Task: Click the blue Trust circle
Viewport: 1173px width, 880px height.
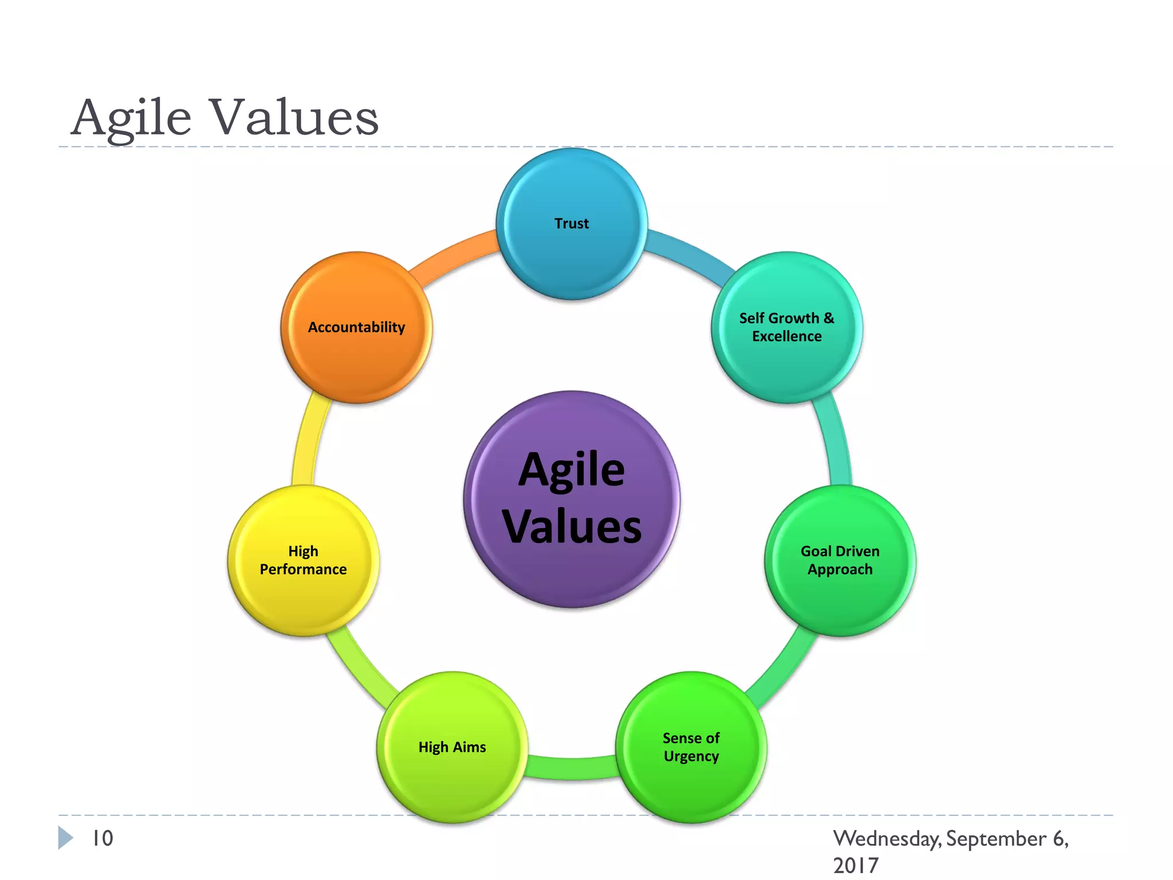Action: [x=572, y=224]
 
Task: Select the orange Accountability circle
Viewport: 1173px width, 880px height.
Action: [x=356, y=328]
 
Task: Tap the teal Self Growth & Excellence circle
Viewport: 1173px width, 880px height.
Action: [x=786, y=328]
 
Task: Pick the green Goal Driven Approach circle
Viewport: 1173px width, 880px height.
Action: [x=840, y=560]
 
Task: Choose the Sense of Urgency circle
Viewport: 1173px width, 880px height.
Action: [x=691, y=747]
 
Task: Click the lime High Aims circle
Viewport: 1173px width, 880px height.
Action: [x=452, y=747]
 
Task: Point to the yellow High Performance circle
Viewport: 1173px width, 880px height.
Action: [x=303, y=560]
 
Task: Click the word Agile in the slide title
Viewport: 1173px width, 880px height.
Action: [x=131, y=117]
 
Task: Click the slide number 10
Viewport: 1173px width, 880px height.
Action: [x=103, y=838]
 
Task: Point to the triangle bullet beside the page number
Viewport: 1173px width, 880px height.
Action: [x=65, y=838]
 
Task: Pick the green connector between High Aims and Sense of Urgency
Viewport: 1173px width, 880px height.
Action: [x=572, y=768]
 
